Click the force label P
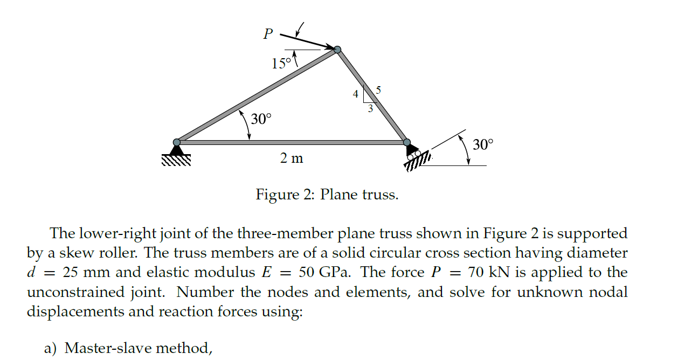click(x=268, y=34)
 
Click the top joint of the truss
click(x=337, y=50)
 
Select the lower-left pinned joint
click(x=176, y=142)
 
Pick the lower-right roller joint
click(x=406, y=142)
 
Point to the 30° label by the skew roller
click(x=482, y=144)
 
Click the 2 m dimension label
click(x=291, y=159)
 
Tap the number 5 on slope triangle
click(x=378, y=90)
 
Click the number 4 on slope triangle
click(x=355, y=94)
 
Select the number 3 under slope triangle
click(x=370, y=109)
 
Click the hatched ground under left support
click(x=176, y=160)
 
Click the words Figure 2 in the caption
click(x=285, y=195)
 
